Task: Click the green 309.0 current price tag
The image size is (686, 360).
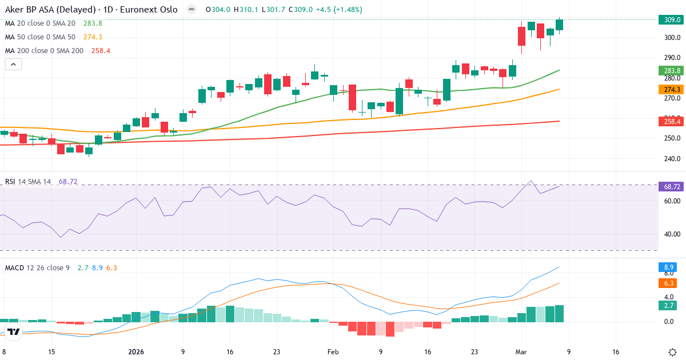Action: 672,19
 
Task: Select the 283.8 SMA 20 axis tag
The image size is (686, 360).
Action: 672,71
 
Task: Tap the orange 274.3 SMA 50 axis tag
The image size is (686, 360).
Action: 672,89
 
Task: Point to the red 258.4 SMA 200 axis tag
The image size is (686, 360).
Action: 672,121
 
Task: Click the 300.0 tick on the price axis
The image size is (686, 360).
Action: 672,38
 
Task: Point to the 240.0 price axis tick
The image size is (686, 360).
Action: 672,159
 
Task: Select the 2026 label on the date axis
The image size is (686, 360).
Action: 136,352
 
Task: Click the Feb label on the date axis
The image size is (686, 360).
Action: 333,352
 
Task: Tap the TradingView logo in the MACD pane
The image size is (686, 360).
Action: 14,331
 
